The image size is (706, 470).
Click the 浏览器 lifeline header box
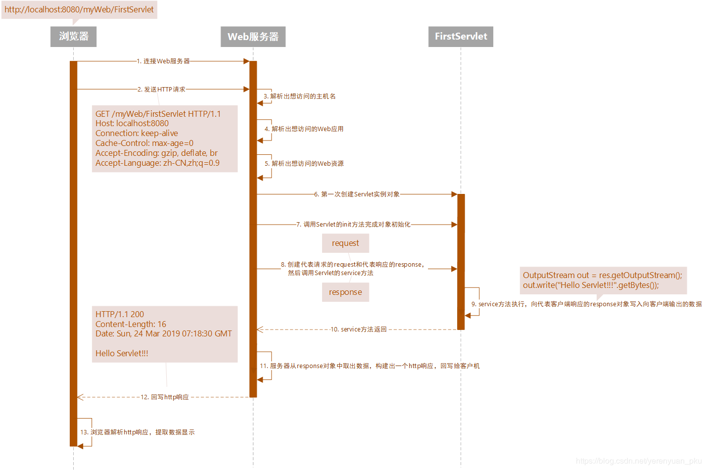[73, 37]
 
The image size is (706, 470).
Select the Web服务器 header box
[253, 37]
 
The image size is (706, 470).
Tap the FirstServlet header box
[461, 37]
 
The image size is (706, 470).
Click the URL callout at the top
[79, 10]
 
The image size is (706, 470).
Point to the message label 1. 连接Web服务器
[163, 61]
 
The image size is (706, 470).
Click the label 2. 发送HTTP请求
[161, 90]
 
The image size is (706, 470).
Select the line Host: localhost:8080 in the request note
[132, 123]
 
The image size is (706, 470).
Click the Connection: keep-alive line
[137, 134]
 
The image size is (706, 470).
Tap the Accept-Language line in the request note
[157, 163]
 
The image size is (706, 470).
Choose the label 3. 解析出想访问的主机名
[299, 96]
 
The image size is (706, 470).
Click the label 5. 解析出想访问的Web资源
[304, 164]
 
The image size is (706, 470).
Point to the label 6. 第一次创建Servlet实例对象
[357, 194]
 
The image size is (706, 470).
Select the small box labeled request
[345, 243]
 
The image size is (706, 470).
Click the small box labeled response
[345, 292]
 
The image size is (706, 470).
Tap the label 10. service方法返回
[359, 329]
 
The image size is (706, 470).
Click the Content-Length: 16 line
[131, 324]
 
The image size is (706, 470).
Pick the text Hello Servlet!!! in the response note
[122, 353]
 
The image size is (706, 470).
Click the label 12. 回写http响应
[165, 397]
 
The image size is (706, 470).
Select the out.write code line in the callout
[591, 285]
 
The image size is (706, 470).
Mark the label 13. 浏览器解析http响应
[138, 432]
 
